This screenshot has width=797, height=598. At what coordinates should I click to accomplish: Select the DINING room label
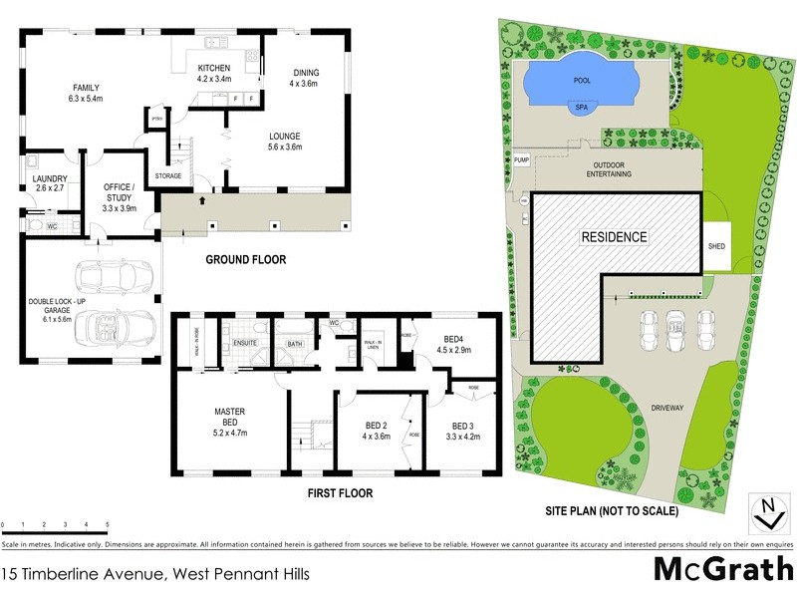(x=306, y=78)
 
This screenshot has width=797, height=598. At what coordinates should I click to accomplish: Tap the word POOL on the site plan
(x=583, y=81)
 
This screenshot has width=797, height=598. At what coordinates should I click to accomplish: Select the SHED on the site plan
(x=715, y=245)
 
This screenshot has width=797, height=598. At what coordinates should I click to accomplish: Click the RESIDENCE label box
(x=615, y=238)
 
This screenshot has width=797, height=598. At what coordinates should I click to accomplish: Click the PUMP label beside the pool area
(x=520, y=160)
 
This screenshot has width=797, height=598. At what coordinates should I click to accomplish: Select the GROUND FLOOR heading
(x=245, y=260)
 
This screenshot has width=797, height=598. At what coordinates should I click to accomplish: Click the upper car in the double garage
(x=107, y=274)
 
